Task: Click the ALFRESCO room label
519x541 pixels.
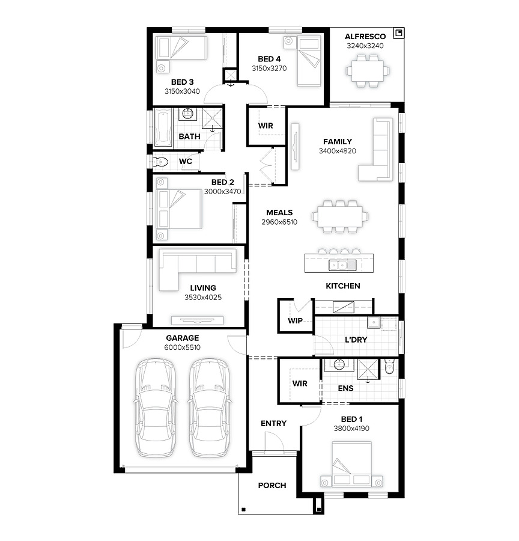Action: [x=365, y=37]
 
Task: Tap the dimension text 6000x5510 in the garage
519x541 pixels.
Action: [x=182, y=347]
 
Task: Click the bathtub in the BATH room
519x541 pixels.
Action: [x=163, y=127]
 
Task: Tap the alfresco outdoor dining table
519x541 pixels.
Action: [x=368, y=71]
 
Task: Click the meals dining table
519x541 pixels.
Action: [x=340, y=216]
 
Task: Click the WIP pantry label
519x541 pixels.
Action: [x=295, y=320]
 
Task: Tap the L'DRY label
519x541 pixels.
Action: [x=356, y=340]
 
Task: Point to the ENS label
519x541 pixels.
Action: [x=345, y=388]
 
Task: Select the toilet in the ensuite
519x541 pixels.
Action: [x=389, y=367]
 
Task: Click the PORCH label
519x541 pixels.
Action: [x=272, y=486]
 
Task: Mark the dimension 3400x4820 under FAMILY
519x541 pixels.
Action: [x=337, y=151]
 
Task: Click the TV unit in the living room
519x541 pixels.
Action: [x=197, y=320]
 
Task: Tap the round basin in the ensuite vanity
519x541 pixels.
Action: [x=339, y=365]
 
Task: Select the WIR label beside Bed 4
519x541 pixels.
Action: [x=266, y=126]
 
